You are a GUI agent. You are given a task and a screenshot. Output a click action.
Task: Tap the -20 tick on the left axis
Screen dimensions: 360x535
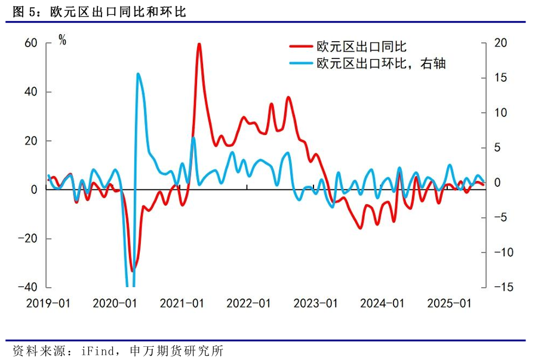point(27,239)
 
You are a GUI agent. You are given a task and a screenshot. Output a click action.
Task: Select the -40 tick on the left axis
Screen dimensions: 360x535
point(27,287)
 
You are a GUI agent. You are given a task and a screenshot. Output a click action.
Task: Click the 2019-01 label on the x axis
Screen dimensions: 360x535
point(48,303)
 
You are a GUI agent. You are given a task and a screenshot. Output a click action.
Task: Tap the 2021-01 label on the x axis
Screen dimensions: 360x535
point(182,303)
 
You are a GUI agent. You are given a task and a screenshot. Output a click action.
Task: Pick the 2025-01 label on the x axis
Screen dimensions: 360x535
point(449,303)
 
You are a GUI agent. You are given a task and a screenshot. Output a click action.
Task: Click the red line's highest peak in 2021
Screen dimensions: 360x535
point(199,44)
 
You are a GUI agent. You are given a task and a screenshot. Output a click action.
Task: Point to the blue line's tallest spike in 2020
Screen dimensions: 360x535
point(138,74)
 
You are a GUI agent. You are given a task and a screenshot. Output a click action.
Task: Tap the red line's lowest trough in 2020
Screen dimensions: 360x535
point(132,270)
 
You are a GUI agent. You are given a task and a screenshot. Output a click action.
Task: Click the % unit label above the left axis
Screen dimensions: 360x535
point(62,41)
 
